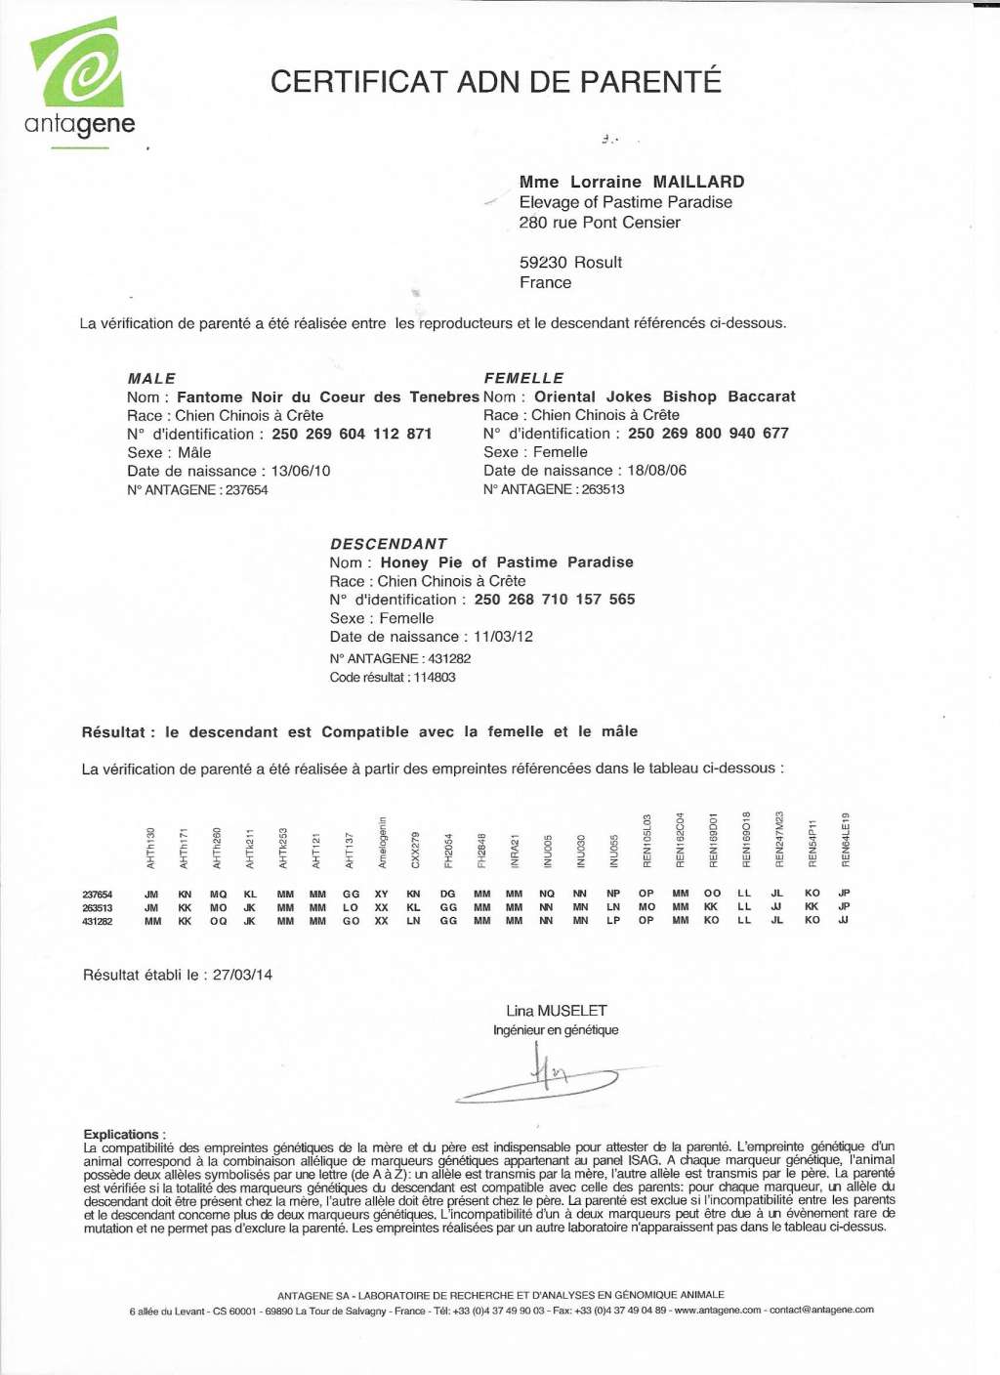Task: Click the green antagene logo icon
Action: pyautogui.click(x=78, y=63)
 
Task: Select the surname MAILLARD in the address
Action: pyautogui.click(x=698, y=182)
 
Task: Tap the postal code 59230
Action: pyautogui.click(x=543, y=263)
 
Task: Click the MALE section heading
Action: pyautogui.click(x=151, y=379)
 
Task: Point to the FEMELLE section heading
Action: pyautogui.click(x=523, y=378)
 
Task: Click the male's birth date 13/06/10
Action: pyautogui.click(x=301, y=471)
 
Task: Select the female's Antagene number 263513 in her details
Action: pyautogui.click(x=603, y=489)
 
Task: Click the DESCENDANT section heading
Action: pyautogui.click(x=389, y=544)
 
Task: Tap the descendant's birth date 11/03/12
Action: pyautogui.click(x=504, y=637)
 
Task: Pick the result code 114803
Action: pyautogui.click(x=434, y=678)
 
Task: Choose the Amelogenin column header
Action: pyautogui.click(x=383, y=842)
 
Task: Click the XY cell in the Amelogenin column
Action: pyautogui.click(x=382, y=894)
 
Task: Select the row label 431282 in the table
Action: pyautogui.click(x=98, y=921)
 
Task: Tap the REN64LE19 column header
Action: pyautogui.click(x=846, y=840)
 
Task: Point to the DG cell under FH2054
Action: pyautogui.click(x=448, y=894)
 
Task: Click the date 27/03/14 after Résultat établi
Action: pyautogui.click(x=243, y=975)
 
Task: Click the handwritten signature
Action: pyautogui.click(x=543, y=1074)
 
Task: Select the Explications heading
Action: pyautogui.click(x=124, y=1134)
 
